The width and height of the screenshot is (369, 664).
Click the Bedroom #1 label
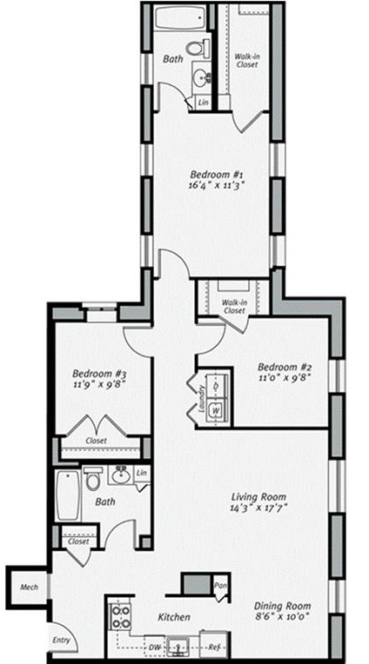pyautogui.click(x=216, y=175)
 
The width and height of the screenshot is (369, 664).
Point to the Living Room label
pyautogui.click(x=258, y=496)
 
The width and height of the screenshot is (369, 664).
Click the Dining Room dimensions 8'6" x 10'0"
pyautogui.click(x=282, y=616)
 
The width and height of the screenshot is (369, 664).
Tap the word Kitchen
pyautogui.click(x=174, y=617)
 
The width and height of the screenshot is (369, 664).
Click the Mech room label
pyautogui.click(x=29, y=587)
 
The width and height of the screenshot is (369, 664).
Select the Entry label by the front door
pyautogui.click(x=61, y=641)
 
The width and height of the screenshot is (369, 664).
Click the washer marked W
pyautogui.click(x=217, y=411)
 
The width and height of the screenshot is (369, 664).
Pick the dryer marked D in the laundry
pyautogui.click(x=217, y=386)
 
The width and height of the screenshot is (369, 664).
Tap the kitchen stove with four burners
pyautogui.click(x=120, y=617)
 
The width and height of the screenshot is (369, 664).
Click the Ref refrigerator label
pyautogui.click(x=213, y=647)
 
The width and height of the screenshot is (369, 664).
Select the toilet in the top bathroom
pyautogui.click(x=198, y=48)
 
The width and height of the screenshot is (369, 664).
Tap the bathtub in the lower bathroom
pyautogui.click(x=68, y=495)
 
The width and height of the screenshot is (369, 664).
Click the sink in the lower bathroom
pyautogui.click(x=120, y=475)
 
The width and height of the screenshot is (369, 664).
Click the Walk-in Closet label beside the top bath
pyautogui.click(x=246, y=60)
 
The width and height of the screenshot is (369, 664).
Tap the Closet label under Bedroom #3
pyautogui.click(x=97, y=441)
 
